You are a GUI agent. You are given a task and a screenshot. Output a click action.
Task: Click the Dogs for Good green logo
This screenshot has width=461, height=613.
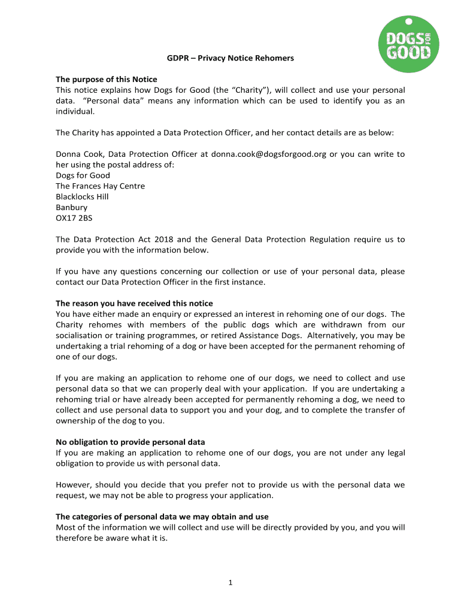[409, 45]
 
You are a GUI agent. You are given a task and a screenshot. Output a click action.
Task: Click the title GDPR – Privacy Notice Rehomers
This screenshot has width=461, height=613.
[230, 59]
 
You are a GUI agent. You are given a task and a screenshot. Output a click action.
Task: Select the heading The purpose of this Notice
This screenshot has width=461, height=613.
[107, 80]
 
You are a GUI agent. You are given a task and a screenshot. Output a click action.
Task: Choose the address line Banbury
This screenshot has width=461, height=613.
[71, 208]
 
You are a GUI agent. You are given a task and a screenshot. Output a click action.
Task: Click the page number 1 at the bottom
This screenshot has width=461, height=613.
[230, 584]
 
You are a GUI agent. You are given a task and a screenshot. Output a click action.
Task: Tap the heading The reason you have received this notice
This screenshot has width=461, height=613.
[134, 304]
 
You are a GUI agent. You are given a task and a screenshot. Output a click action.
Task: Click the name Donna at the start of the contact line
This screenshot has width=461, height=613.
[68, 154]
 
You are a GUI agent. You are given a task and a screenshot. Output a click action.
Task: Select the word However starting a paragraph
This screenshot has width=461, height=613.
[74, 485]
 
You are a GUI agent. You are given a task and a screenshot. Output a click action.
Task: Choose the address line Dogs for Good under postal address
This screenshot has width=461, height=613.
[80, 175]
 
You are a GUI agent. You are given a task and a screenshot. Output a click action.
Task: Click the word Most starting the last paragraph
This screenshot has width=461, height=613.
[65, 527]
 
